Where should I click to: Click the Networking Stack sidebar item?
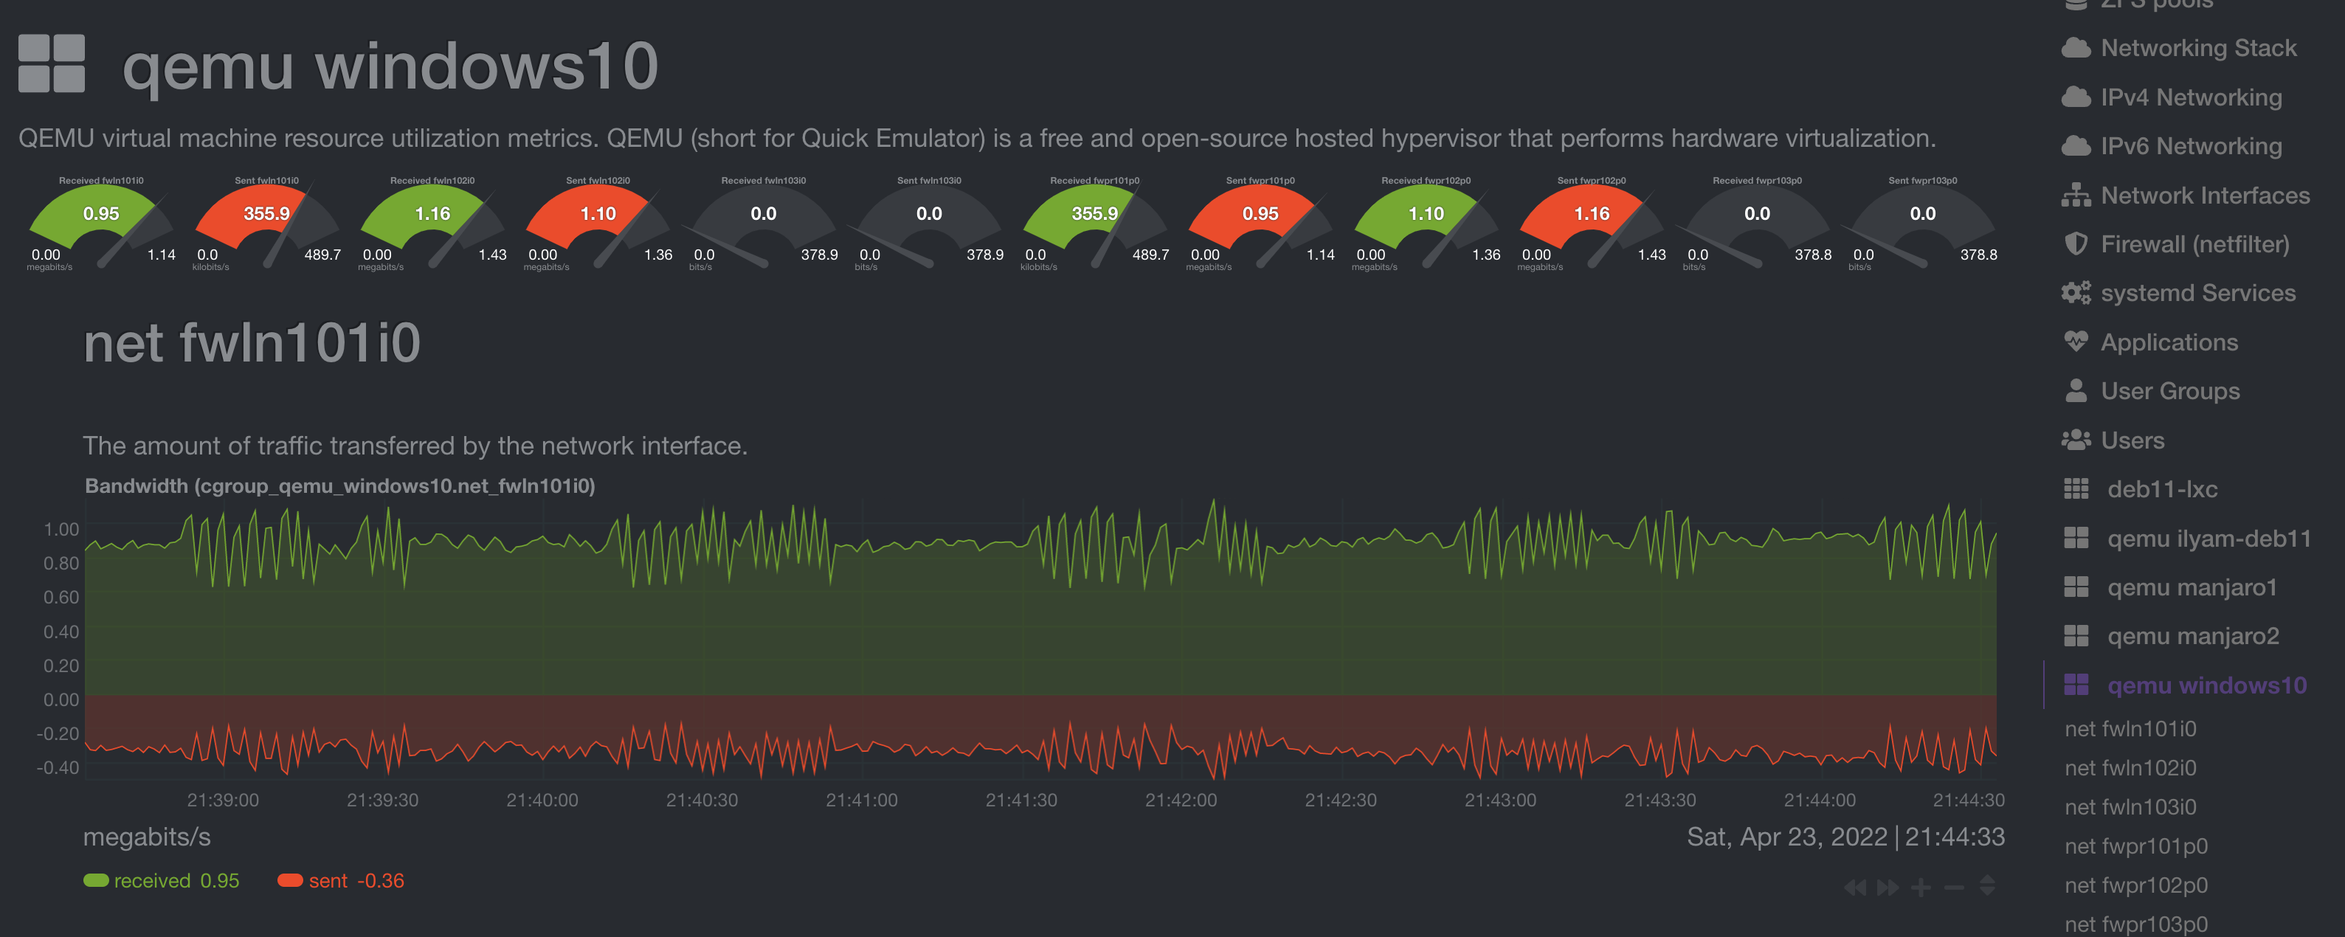tap(2197, 48)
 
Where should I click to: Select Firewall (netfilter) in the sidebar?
tap(2194, 244)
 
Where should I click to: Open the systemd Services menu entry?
tap(2197, 293)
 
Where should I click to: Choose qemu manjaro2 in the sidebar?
tap(2192, 637)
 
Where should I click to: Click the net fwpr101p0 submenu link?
tap(2135, 846)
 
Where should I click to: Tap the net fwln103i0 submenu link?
tap(2130, 807)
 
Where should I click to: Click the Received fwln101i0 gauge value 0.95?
tap(101, 214)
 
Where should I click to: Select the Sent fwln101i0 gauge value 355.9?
tap(266, 214)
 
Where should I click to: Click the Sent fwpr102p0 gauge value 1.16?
tap(1591, 214)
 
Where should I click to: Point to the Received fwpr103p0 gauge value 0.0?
tap(1757, 214)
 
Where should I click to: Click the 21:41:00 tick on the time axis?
tap(861, 801)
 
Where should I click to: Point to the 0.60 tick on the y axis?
tap(61, 598)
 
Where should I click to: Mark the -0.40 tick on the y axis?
tap(58, 767)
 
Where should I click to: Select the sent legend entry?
tap(340, 880)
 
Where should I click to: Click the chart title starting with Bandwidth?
tap(339, 486)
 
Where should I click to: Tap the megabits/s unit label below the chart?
tap(147, 837)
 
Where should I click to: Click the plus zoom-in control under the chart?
tap(1921, 887)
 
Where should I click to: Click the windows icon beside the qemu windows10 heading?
tap(52, 63)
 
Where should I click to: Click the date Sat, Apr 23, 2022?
tap(1786, 837)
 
